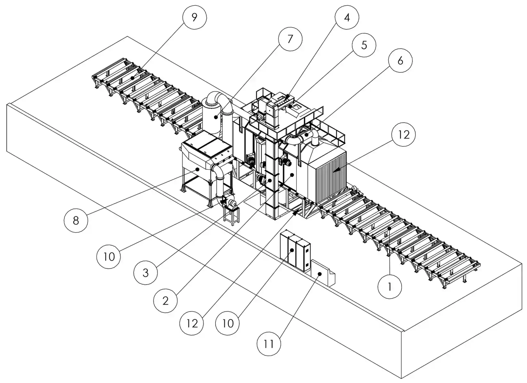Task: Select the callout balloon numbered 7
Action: tap(290, 39)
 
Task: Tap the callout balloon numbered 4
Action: tap(347, 17)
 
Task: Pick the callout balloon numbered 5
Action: tap(364, 45)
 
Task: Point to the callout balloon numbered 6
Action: tap(400, 60)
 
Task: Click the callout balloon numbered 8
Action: tap(76, 220)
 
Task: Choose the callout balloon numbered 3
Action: tap(146, 273)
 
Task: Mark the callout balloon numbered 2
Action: tap(165, 300)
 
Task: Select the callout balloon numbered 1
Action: tap(390, 287)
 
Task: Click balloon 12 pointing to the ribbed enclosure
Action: tap(404, 135)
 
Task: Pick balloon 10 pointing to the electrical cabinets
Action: tap(228, 323)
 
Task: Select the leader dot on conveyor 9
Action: tap(132, 78)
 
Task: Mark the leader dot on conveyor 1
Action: tap(389, 228)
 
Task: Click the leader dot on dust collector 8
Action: tap(198, 169)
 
